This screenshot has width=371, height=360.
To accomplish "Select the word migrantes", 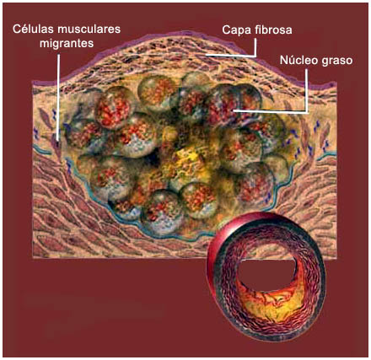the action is [x=67, y=44].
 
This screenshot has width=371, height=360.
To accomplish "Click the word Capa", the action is [x=234, y=30].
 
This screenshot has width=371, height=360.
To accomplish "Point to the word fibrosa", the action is [x=272, y=30].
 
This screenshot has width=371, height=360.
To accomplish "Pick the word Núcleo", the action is [x=298, y=60].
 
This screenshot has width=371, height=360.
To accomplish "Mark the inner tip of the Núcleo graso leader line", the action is [x=234, y=111].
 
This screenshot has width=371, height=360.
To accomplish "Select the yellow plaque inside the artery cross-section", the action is [x=277, y=303].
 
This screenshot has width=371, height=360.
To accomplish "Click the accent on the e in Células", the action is [x=24, y=24].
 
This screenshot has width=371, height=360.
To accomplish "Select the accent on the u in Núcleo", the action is [x=293, y=56].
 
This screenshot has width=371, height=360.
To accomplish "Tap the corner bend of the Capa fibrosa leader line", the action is [x=255, y=56].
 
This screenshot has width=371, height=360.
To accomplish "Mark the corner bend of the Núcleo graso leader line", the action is [x=307, y=111].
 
